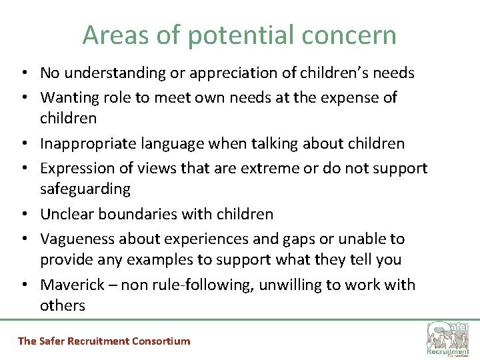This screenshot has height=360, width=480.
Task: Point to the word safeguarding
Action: coord(85,189)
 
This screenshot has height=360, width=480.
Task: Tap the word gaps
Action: coord(305,239)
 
